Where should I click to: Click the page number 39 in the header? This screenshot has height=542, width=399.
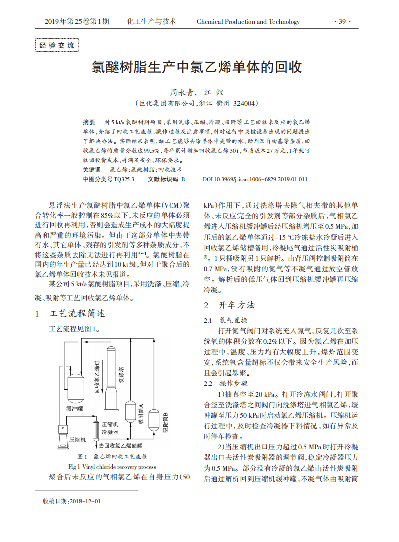(x=342, y=22)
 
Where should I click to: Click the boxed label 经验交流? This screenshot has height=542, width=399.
(x=57, y=45)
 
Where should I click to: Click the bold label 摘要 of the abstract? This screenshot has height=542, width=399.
(x=89, y=122)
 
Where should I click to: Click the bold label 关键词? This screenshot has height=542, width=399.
(x=92, y=170)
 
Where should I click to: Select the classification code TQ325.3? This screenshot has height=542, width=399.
(x=124, y=179)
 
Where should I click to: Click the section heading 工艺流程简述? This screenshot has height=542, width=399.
(x=78, y=313)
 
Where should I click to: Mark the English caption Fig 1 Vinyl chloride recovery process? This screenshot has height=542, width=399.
(x=112, y=466)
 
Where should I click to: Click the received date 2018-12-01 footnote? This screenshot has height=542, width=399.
(x=72, y=501)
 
